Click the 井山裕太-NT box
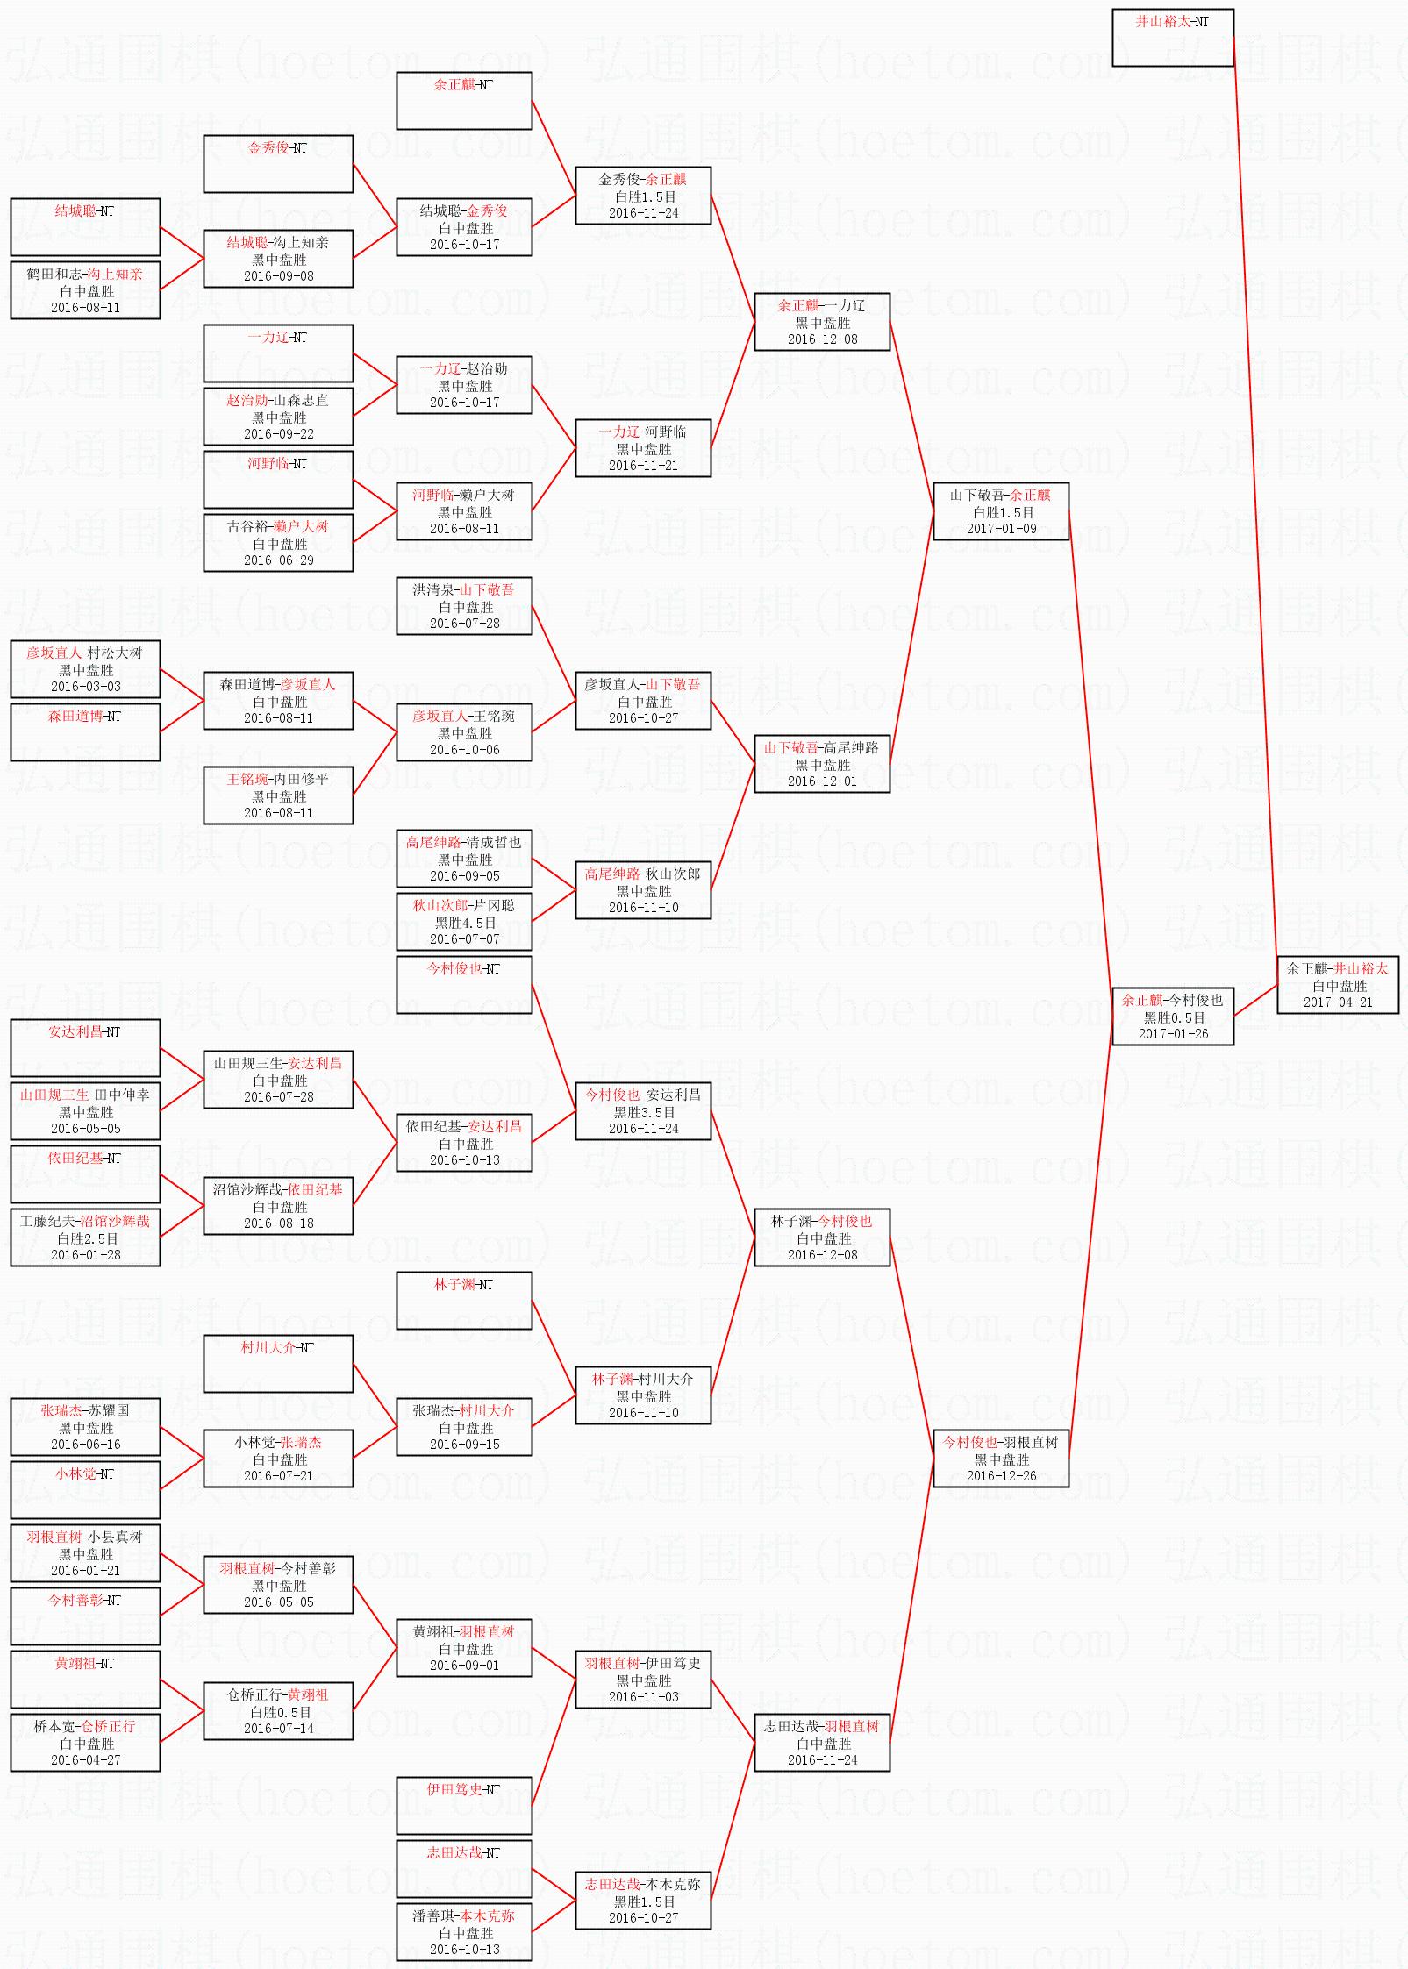tap(1173, 38)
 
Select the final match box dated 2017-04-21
tap(1338, 985)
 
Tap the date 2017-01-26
tap(1173, 1033)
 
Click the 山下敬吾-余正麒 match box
tap(1001, 511)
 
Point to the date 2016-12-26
tap(1001, 1475)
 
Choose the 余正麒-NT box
tap(464, 101)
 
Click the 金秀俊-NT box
tap(278, 164)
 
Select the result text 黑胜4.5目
tap(465, 923)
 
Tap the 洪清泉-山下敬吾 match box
tap(464, 606)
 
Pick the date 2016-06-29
tap(278, 560)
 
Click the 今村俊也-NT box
tap(464, 985)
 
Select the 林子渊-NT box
tap(464, 1301)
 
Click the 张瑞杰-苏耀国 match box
tap(85, 1427)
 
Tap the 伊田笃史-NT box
tap(464, 1806)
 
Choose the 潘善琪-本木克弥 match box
tap(464, 1932)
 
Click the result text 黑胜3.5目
tap(644, 1112)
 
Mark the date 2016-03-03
tap(85, 686)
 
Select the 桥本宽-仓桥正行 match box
tap(85, 1743)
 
